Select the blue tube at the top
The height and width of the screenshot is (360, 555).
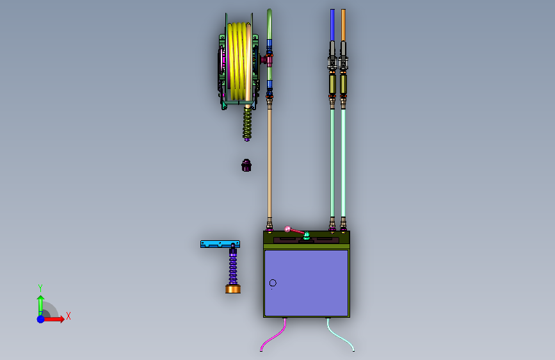332,25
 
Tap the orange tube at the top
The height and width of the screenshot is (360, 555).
343,25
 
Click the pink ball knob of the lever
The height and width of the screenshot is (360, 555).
288,229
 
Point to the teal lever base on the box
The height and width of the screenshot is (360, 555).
307,235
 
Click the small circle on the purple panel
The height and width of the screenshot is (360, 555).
273,282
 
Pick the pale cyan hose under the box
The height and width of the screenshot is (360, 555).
340,335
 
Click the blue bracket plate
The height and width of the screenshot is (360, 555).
220,244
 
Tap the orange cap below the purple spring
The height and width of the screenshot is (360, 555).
233,289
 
